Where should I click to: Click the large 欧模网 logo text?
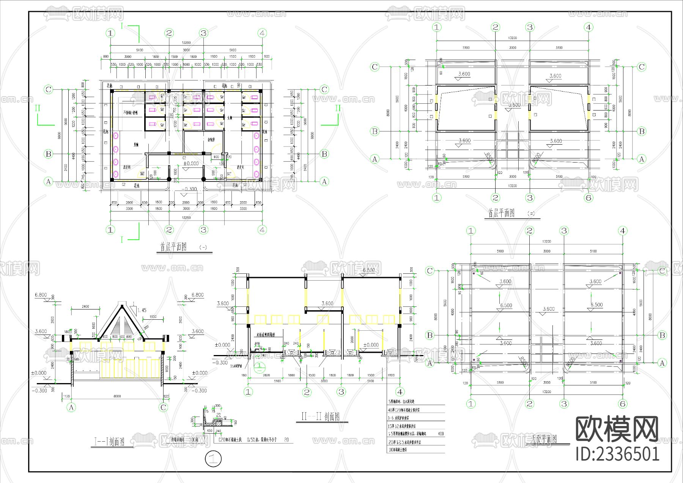coord(617,429)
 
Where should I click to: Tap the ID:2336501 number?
coord(617,454)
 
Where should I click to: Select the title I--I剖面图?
coord(109,442)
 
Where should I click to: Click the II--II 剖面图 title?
coord(320,417)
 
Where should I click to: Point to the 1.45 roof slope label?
coord(142,310)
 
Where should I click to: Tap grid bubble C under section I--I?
coord(163,407)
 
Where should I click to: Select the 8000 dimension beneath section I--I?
coord(117,396)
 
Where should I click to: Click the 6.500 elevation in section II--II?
coord(368,270)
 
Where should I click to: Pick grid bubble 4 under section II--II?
coord(400,392)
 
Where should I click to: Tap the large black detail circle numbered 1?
coord(213,459)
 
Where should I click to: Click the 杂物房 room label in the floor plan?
coord(211,140)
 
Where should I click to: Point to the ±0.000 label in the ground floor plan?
coord(191,163)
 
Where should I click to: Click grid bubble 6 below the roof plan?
coord(622,404)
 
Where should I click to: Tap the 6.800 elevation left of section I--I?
coord(41,295)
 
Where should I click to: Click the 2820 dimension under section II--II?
coord(266,375)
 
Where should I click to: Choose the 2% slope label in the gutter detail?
coord(219,415)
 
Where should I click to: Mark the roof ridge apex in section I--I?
coord(122,305)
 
